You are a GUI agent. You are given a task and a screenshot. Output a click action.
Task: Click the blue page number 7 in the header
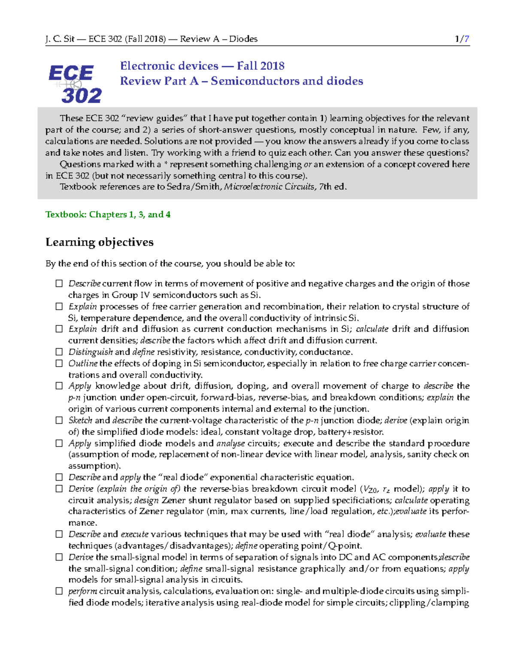pyautogui.click(x=467, y=39)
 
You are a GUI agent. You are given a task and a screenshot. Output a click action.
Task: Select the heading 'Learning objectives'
pyautogui.click(x=100, y=242)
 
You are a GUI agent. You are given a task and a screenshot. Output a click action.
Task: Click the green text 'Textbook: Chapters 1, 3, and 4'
pyautogui.click(x=108, y=214)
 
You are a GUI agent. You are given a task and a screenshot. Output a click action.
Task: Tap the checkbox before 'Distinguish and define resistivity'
pyautogui.click(x=59, y=352)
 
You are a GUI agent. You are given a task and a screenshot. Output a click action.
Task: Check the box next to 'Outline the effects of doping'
pyautogui.click(x=59, y=363)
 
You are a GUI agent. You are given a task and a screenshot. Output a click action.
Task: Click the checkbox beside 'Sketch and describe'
pyautogui.click(x=59, y=420)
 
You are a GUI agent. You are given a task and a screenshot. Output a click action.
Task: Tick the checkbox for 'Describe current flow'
pyautogui.click(x=59, y=283)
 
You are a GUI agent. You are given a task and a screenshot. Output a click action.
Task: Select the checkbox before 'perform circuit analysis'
pyautogui.click(x=59, y=591)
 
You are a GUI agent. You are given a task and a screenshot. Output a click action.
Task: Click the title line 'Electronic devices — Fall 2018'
pyautogui.click(x=202, y=66)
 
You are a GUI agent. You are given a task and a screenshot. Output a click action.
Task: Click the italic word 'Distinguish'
pyautogui.click(x=91, y=352)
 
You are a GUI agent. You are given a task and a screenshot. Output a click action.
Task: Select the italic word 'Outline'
pyautogui.click(x=83, y=363)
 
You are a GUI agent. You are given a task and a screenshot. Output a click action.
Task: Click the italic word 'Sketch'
pyautogui.click(x=80, y=420)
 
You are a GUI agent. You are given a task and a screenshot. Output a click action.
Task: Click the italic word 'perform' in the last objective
pyautogui.click(x=82, y=591)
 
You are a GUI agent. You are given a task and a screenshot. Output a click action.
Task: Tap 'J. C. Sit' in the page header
pyautogui.click(x=60, y=39)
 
